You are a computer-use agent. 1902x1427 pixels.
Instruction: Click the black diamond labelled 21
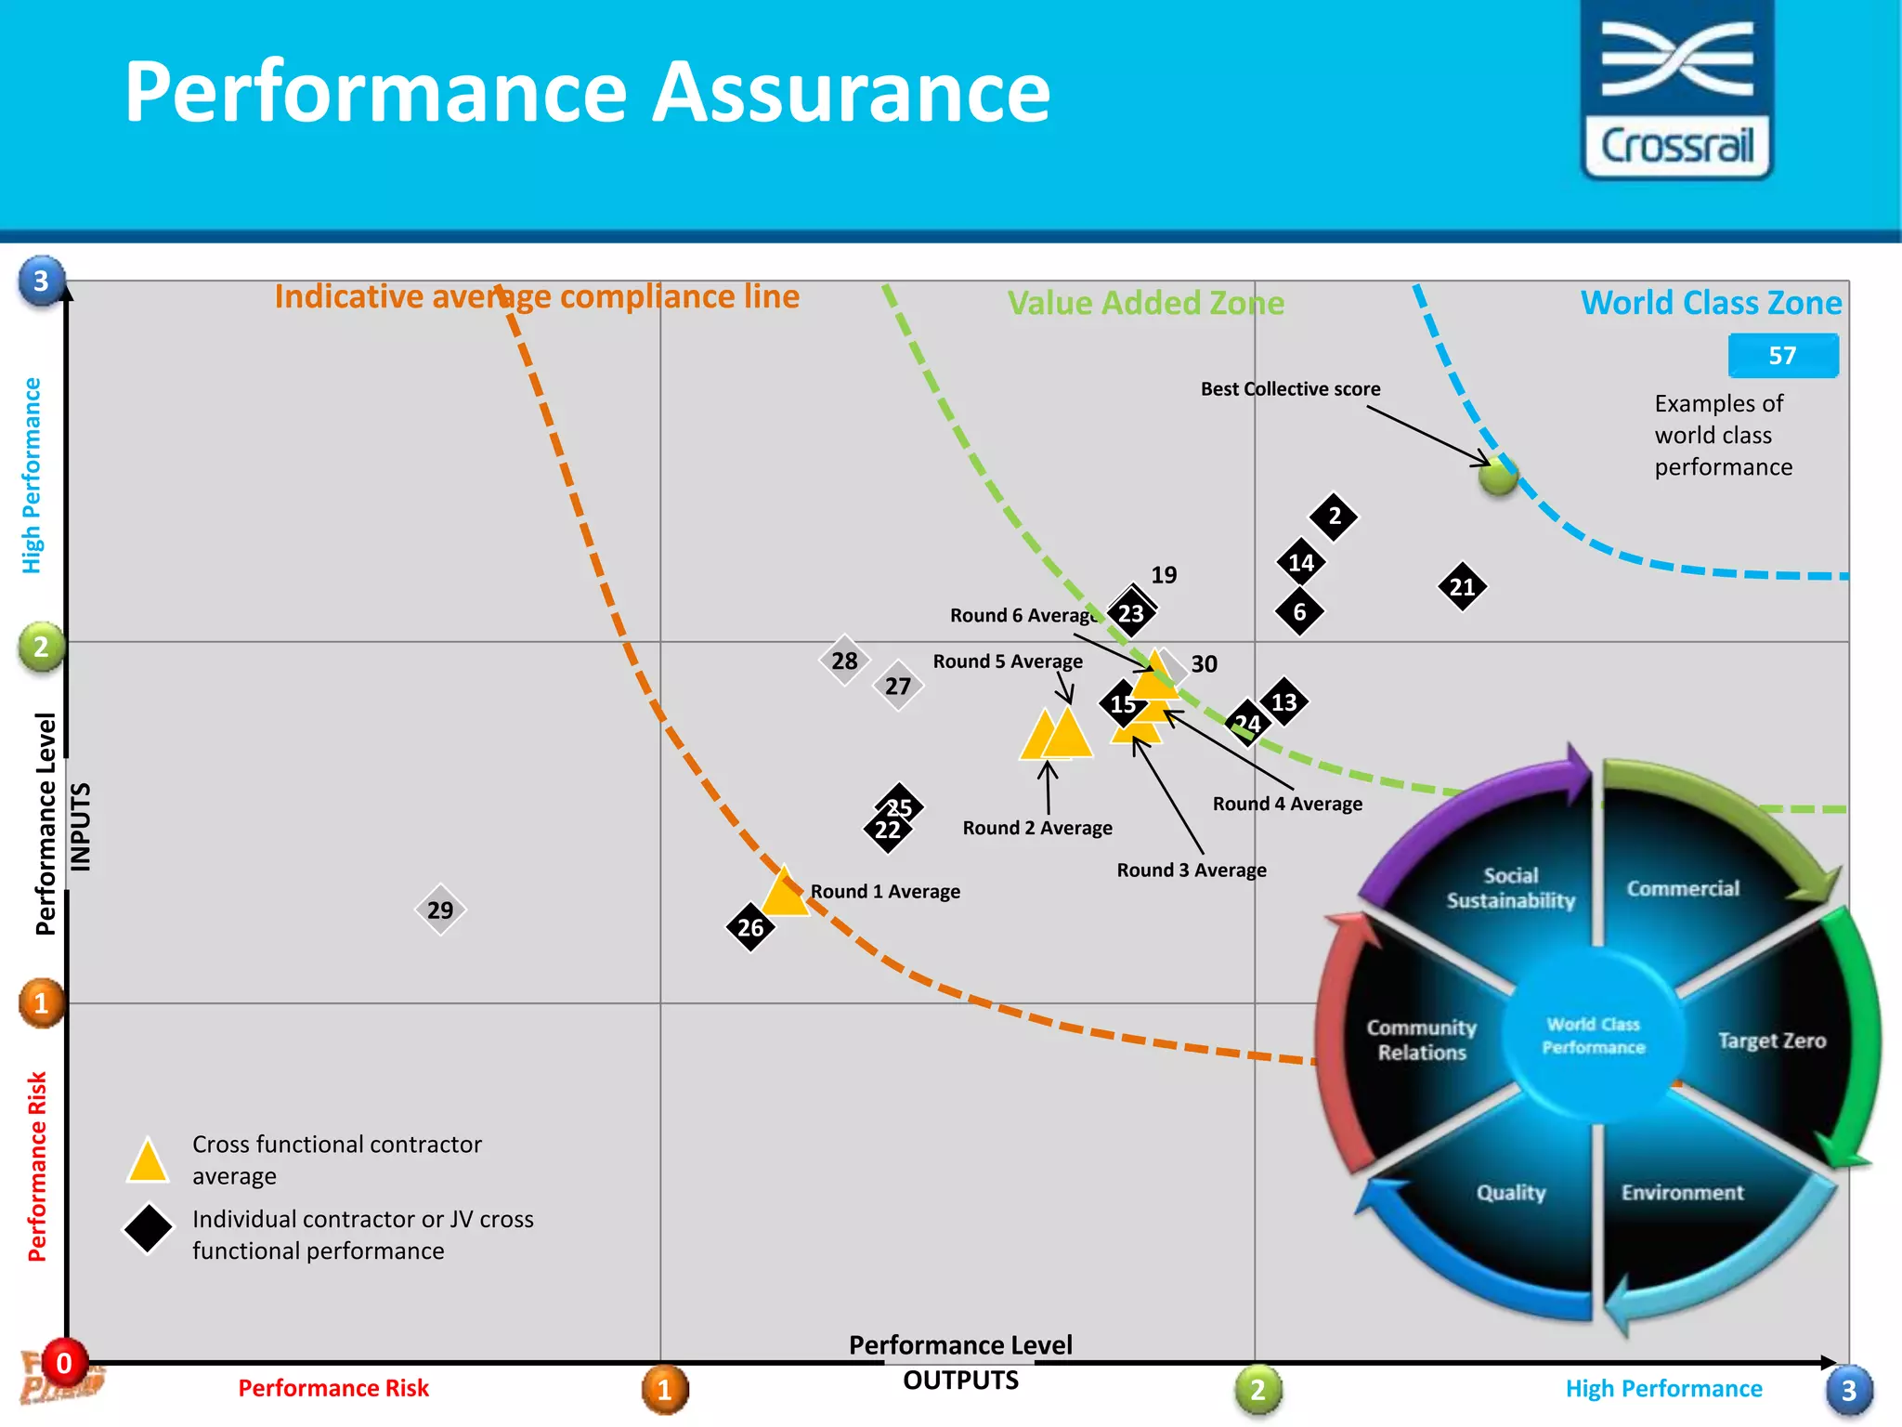point(1462,587)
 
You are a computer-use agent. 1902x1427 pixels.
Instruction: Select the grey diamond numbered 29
point(440,910)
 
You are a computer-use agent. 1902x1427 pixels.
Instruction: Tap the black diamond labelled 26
point(750,927)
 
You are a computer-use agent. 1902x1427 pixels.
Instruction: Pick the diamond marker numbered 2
point(1334,516)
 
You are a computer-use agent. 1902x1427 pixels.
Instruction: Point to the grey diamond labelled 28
point(844,661)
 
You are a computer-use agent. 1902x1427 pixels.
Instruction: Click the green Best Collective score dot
point(1498,476)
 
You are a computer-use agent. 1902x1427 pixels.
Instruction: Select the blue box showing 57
point(1782,356)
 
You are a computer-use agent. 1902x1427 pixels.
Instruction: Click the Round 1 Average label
point(885,892)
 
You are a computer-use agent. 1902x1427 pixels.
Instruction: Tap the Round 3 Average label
point(1191,871)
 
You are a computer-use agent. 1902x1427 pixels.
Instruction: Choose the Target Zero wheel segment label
point(1771,1041)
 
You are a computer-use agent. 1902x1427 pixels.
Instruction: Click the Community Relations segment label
point(1421,1040)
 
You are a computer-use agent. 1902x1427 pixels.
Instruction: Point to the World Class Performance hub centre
point(1594,1036)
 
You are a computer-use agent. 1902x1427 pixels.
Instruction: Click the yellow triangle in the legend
point(148,1162)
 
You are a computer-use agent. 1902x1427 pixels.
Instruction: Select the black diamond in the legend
point(149,1229)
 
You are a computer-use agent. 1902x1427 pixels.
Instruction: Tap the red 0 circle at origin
point(64,1363)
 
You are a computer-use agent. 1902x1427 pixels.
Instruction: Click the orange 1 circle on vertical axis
point(41,1003)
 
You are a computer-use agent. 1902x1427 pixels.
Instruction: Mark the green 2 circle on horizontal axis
point(1257,1390)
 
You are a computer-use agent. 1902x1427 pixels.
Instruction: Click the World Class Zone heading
point(1711,303)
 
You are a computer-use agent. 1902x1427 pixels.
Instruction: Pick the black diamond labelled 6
point(1299,611)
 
